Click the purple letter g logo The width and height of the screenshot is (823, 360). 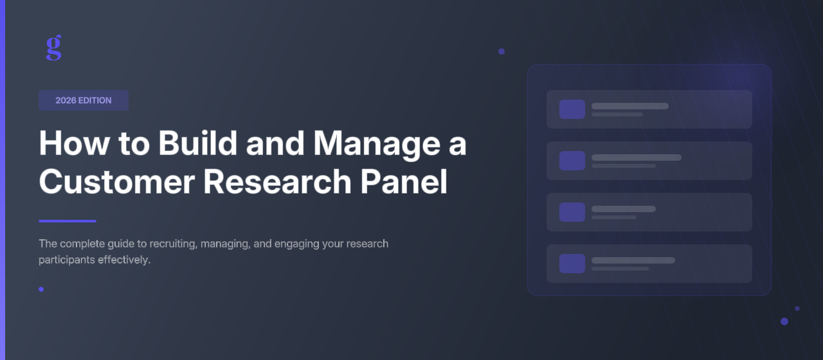(x=54, y=48)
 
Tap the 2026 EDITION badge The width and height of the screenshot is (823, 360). (x=84, y=100)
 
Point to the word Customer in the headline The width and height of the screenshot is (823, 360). (x=116, y=182)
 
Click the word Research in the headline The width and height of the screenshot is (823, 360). (x=277, y=182)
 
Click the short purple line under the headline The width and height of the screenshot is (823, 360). (x=68, y=221)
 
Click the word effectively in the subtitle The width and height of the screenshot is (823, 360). (x=124, y=260)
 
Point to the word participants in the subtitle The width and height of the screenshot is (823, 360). (x=67, y=260)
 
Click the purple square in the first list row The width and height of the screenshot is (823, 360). (x=572, y=109)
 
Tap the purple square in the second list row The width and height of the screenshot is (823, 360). (x=572, y=161)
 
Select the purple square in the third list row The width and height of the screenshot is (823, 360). (x=572, y=212)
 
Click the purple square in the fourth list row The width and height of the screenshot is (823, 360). (x=572, y=264)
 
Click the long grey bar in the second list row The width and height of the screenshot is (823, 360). (x=637, y=157)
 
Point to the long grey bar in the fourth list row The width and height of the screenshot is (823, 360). (x=633, y=260)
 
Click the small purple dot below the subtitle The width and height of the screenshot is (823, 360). (x=41, y=289)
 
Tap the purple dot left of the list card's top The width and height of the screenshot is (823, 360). (x=502, y=51)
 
